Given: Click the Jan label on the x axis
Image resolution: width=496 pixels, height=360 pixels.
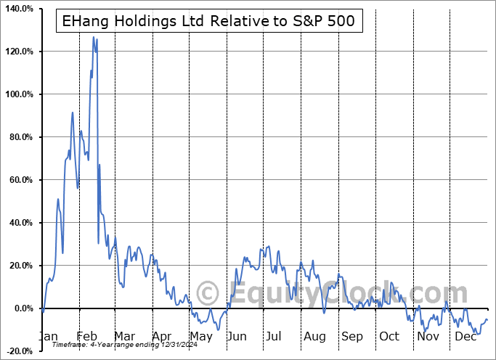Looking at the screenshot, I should click(49, 336).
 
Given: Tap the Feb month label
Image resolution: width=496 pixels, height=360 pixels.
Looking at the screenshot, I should click(86, 336).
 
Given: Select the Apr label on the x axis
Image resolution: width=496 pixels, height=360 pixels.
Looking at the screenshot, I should click(163, 336).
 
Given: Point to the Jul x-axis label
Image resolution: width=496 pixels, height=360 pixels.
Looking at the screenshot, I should click(275, 336).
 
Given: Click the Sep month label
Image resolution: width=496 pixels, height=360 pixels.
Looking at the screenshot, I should click(352, 336).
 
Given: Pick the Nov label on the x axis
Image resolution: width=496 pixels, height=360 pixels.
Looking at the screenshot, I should click(428, 336).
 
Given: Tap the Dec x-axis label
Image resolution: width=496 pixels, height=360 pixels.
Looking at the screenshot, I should click(466, 336).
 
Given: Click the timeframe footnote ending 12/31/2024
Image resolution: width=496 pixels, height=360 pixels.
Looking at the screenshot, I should click(123, 345).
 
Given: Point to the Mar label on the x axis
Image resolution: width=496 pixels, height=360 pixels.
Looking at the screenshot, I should click(124, 336).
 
